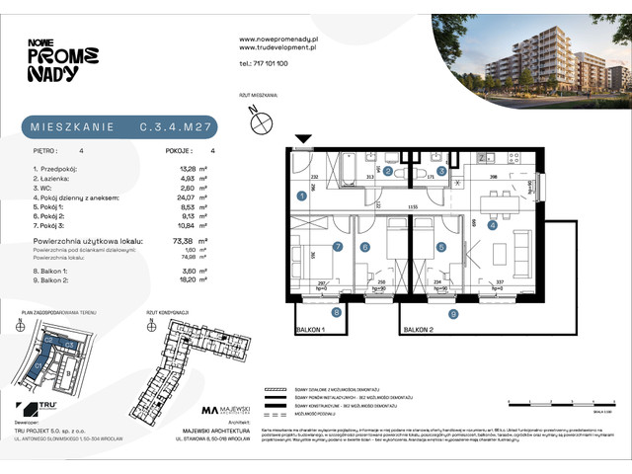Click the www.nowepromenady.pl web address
pos(277,39)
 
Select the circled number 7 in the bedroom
pos(338,247)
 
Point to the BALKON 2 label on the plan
pos(423,331)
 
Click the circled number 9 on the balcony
pos(452,315)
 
